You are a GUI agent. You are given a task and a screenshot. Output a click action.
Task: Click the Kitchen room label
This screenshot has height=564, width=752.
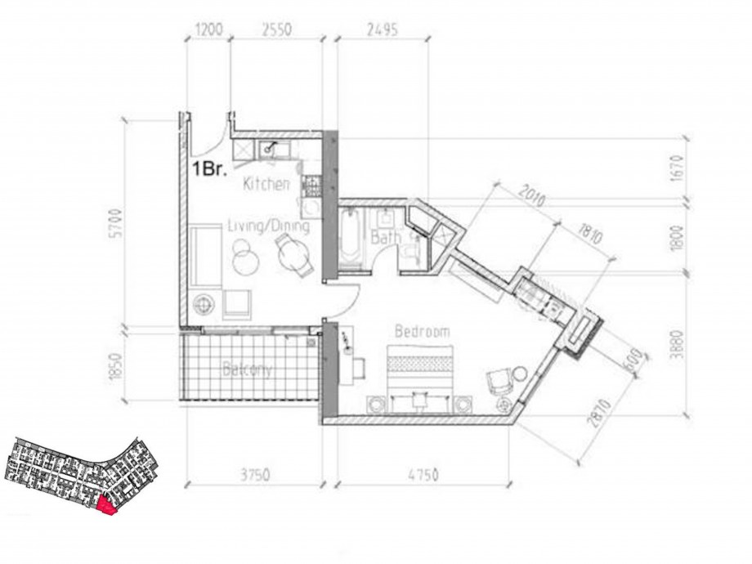point(266,185)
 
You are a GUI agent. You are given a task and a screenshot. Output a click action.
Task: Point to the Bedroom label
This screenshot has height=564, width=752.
point(423,332)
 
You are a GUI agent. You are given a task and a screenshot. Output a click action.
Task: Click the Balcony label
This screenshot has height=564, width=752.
point(247,370)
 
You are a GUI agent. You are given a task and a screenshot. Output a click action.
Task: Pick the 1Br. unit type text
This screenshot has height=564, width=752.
point(208,170)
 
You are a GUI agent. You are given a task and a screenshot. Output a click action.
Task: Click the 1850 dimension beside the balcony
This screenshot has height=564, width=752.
point(116,366)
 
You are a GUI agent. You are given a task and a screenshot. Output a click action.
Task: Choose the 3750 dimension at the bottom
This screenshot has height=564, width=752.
point(255,474)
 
